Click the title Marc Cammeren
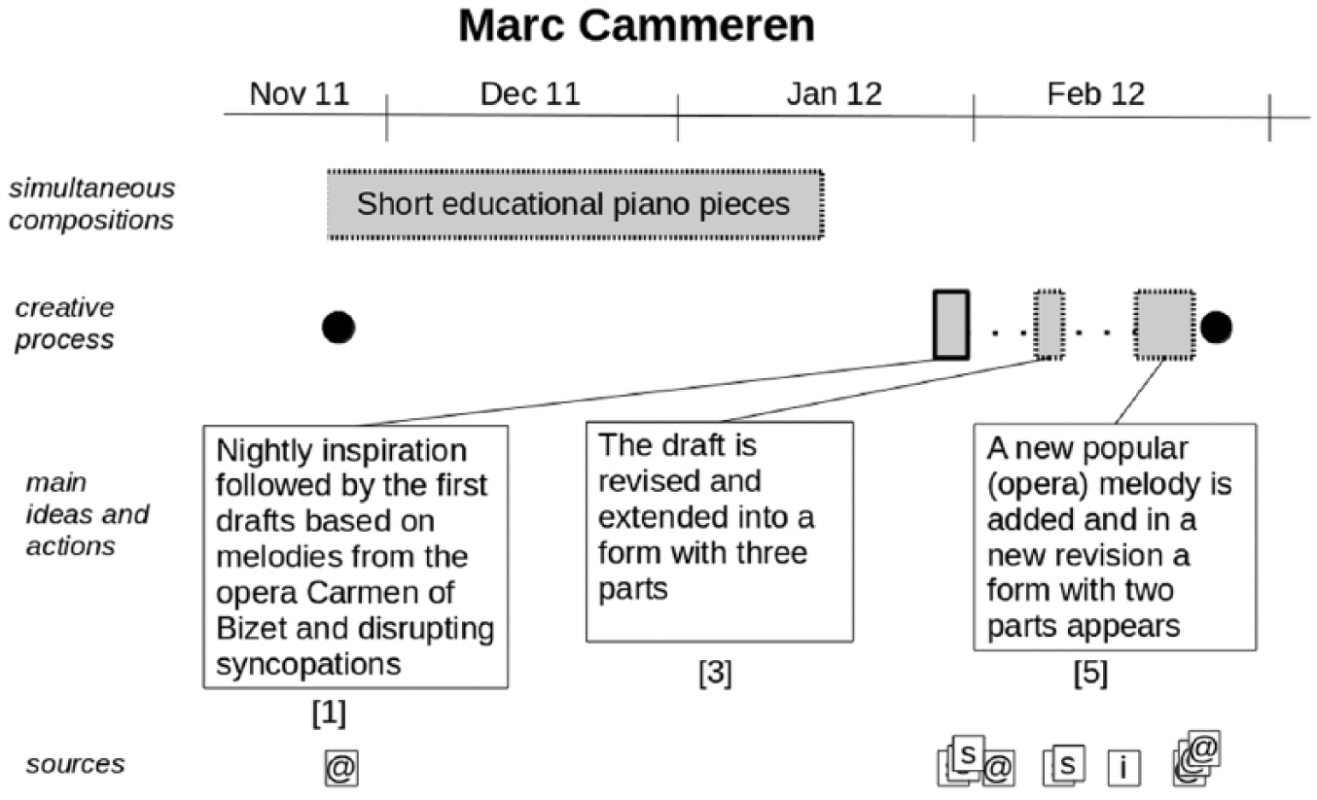[x=637, y=26]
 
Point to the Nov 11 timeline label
[x=300, y=94]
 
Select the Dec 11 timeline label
[x=530, y=94]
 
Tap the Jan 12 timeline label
[x=835, y=94]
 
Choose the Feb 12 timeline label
[x=1096, y=94]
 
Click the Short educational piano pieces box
[x=576, y=204]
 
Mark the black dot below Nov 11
[x=338, y=328]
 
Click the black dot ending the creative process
[x=1217, y=328]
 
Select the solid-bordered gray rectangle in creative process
[x=951, y=325]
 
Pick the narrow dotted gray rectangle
[x=1050, y=325]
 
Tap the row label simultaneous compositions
[x=91, y=204]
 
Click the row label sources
[x=75, y=764]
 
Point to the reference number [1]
[x=329, y=713]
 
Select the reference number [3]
[x=716, y=673]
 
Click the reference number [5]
[x=1091, y=673]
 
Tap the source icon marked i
[x=1124, y=768]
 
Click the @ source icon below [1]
[x=341, y=768]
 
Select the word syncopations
[x=308, y=665]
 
